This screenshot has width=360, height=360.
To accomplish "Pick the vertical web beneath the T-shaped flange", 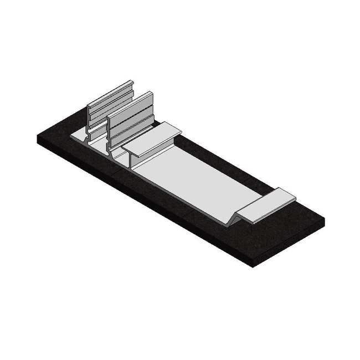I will click(133, 161).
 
